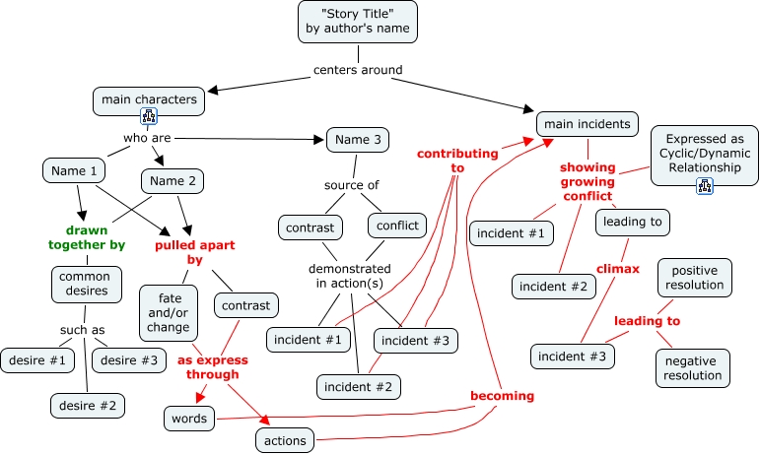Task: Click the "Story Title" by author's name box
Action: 357,21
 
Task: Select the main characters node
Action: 149,99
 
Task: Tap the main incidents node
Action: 587,124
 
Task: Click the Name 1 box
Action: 75,170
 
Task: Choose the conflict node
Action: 396,226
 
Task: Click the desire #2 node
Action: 88,404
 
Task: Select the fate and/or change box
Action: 170,311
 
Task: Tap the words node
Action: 189,419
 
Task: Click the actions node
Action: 286,439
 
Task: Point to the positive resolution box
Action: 695,278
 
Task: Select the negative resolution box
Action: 692,367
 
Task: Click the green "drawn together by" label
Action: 88,236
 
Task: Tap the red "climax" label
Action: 617,268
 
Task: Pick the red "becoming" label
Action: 502,396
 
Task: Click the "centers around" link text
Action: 358,70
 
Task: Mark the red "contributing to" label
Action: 456,161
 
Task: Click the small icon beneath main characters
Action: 149,117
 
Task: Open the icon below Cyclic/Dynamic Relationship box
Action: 704,185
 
